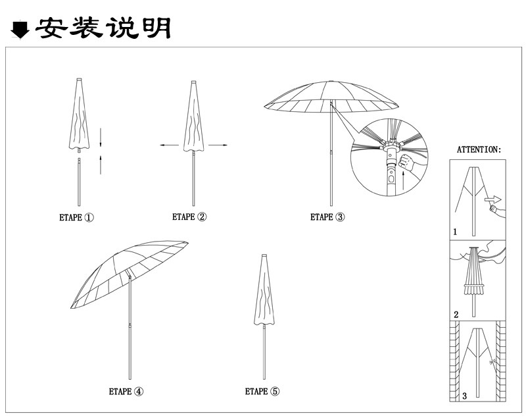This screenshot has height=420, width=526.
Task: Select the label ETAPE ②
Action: (x=189, y=217)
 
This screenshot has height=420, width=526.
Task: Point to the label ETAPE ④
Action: (x=126, y=391)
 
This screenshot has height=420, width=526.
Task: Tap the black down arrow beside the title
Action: (x=20, y=30)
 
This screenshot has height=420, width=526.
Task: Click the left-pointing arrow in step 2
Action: (x=170, y=145)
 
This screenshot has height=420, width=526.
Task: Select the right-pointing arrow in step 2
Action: (x=218, y=145)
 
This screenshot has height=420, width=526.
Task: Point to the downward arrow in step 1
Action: (x=101, y=137)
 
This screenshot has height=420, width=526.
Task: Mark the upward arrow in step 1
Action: (x=101, y=163)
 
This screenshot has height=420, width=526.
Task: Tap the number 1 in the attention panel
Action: (x=455, y=232)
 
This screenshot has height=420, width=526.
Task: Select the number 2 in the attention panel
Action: (x=456, y=313)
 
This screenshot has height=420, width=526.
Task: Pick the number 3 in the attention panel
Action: (x=464, y=396)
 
